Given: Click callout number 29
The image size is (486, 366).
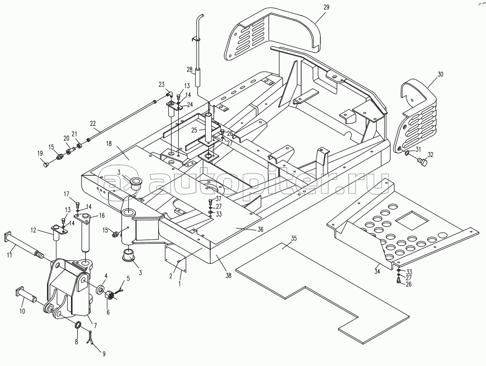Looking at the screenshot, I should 326,7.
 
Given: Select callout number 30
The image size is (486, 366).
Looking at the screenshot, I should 440,75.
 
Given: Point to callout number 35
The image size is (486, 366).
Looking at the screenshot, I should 294,238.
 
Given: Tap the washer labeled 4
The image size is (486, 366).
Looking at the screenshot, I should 101,289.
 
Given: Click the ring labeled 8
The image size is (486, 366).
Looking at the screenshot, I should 78,325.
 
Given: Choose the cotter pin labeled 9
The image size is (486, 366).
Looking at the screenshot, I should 91,338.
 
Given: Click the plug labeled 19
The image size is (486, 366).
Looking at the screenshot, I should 45,164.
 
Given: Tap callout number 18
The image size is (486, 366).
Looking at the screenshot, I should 108,144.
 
